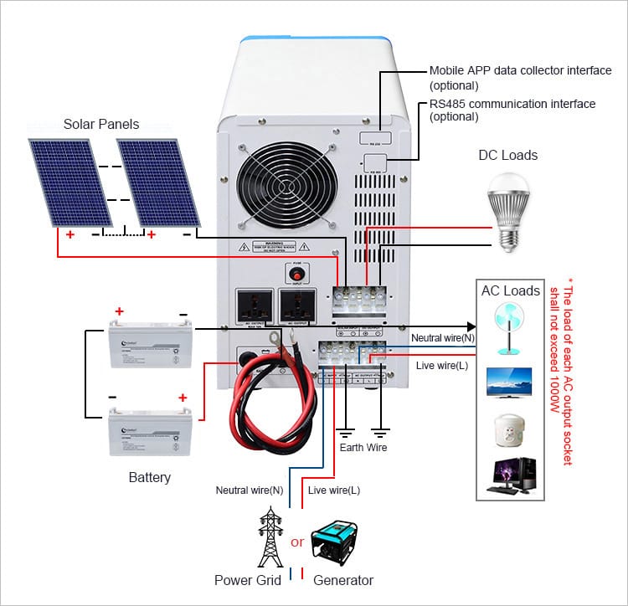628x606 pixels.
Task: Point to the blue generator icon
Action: [x=338, y=543]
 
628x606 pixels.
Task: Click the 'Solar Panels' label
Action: [x=101, y=125]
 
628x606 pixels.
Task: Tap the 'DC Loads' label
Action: [x=507, y=155]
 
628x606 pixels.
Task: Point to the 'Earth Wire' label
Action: [x=363, y=448]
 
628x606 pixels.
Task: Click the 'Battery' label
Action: [x=150, y=478]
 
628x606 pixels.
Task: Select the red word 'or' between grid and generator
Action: [x=297, y=542]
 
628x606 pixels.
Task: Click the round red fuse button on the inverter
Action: [x=295, y=274]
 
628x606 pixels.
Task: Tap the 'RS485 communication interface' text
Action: [x=512, y=105]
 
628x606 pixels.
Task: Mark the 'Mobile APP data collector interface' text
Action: [x=520, y=71]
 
